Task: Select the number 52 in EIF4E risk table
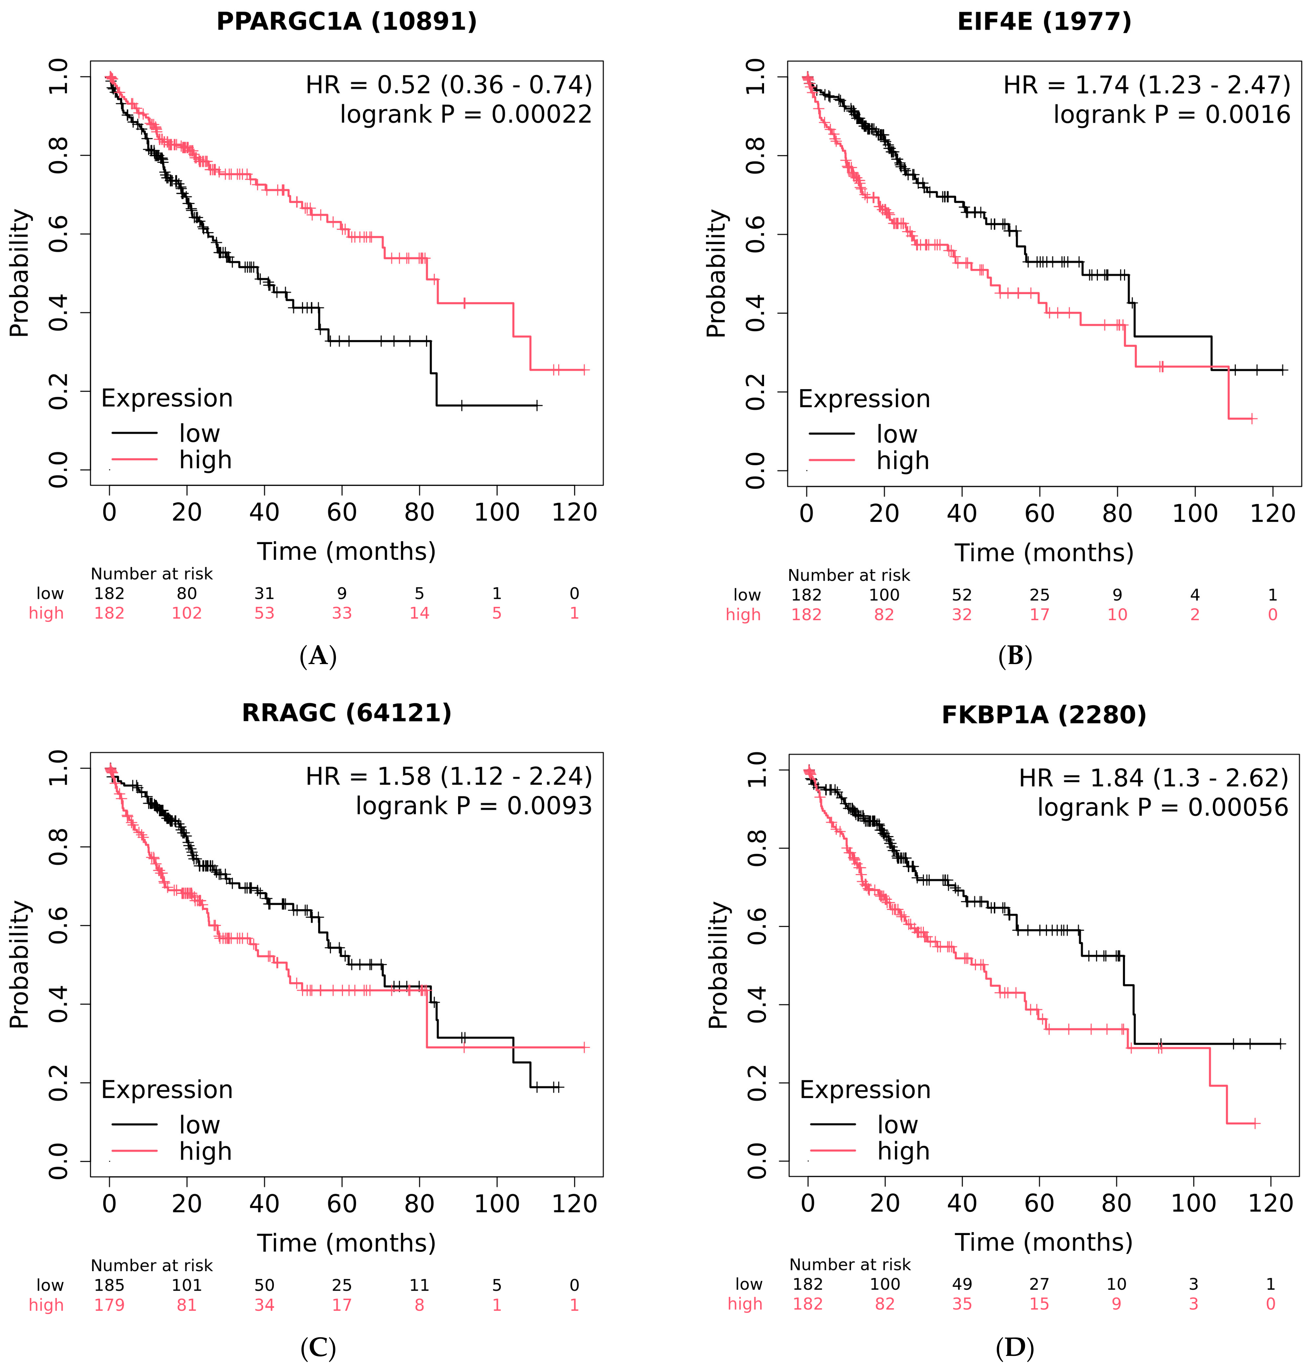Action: coord(962,595)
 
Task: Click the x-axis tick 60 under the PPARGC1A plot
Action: coord(341,513)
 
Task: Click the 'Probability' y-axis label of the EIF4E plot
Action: coord(716,273)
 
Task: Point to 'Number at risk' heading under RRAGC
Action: coord(152,1266)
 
